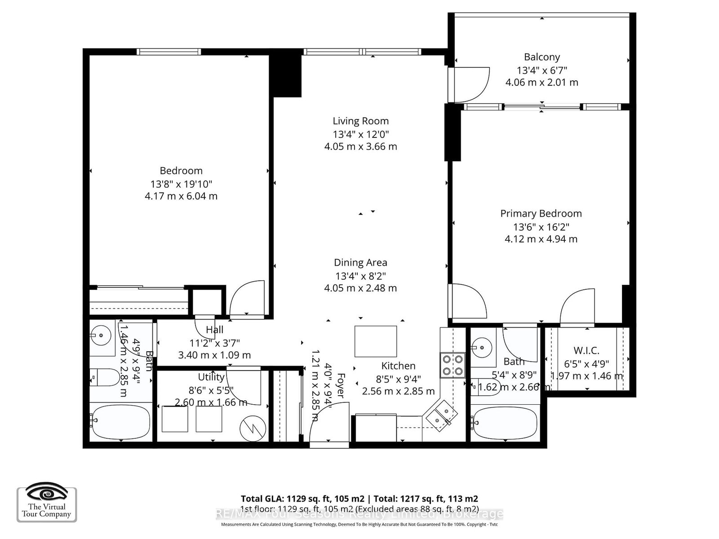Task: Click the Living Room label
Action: (360, 121)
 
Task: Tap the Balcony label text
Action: (541, 57)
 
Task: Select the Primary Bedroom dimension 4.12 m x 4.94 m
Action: (541, 239)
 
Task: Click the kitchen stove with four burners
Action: (453, 365)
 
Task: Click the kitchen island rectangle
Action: (376, 341)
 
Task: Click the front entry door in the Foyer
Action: (329, 424)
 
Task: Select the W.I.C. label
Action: (586, 351)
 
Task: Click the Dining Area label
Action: (360, 263)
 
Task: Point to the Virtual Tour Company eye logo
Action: (46, 495)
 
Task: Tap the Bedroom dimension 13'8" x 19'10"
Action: (181, 184)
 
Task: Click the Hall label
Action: (214, 330)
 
